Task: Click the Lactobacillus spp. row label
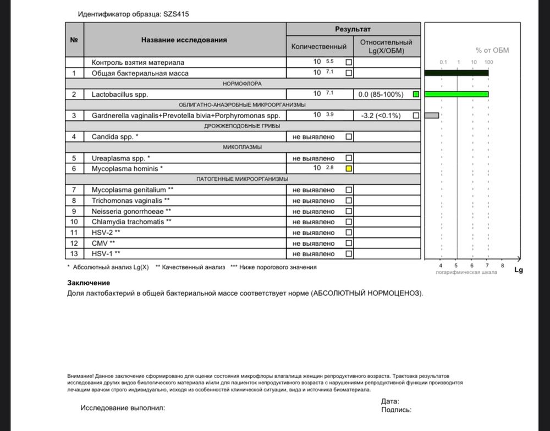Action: pos(120,95)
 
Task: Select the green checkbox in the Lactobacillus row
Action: pos(416,95)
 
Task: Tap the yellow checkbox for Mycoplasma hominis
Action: pos(349,169)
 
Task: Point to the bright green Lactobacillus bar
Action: pos(457,95)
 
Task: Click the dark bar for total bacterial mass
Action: pos(457,73)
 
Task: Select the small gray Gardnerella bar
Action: pos(432,115)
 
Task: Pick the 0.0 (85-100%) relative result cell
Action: pos(381,95)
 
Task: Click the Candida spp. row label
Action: pos(115,136)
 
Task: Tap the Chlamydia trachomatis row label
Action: pos(130,222)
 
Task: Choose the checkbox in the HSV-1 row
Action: pos(349,253)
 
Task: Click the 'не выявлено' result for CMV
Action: pos(313,243)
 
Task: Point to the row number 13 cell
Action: pos(74,253)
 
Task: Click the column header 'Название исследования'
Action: pos(184,40)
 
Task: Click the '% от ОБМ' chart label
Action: pos(492,51)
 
